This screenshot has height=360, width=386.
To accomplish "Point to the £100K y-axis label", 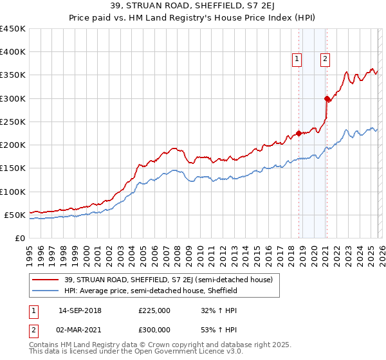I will (13, 192).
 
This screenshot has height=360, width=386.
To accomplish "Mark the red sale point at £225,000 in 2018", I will (299, 134).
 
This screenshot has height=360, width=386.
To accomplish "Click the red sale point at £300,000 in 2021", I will (327, 98).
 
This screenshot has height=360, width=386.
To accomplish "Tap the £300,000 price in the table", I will (154, 329).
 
